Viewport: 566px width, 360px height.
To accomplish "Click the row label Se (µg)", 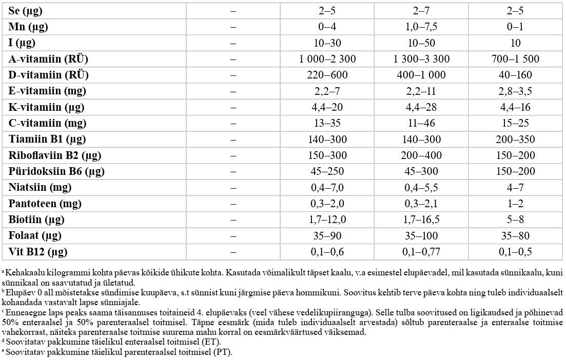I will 26,11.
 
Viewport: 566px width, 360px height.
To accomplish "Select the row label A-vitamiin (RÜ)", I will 48,59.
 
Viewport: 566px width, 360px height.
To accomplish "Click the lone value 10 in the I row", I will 516,43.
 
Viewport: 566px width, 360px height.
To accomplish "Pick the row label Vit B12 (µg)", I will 38,252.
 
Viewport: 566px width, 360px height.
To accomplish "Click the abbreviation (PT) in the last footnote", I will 224,352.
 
